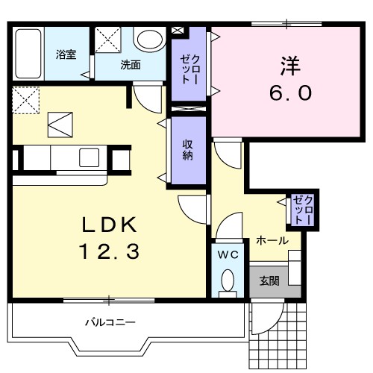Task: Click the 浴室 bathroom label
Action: coord(65,54)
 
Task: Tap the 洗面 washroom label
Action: coord(131,64)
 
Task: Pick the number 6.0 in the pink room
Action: coord(289,94)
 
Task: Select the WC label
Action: coord(228,254)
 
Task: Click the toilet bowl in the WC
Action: coord(228,281)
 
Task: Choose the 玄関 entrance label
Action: coord(269,281)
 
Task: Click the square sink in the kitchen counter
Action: coord(90,157)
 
